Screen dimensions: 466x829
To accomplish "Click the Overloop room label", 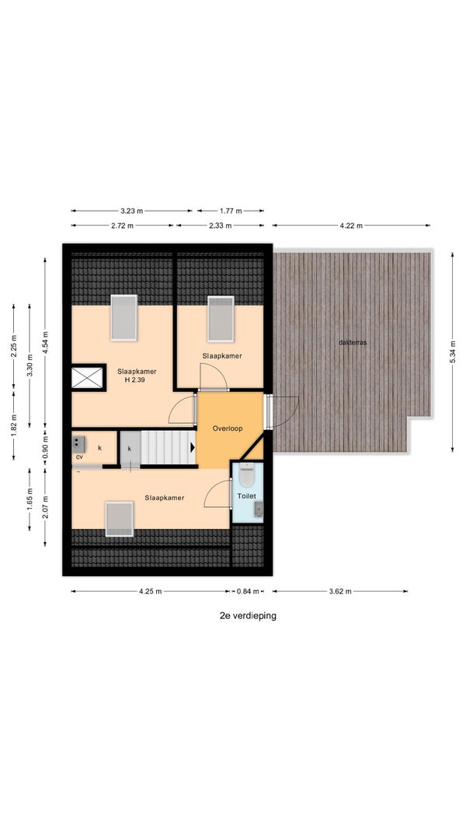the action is point(228,428).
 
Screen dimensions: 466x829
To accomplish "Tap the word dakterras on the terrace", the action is point(353,342).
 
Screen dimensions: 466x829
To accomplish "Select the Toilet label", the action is point(246,496).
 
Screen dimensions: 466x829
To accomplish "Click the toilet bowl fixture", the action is point(246,475).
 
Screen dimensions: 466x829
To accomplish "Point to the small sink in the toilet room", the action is point(258,509).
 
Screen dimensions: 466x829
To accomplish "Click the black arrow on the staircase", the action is point(192,447).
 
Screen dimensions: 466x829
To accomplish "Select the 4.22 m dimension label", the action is point(352,226).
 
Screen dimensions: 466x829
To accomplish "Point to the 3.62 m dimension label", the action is point(340,592).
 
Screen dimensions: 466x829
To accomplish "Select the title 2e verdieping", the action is point(248,616).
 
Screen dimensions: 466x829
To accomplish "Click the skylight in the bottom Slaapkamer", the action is point(120,519).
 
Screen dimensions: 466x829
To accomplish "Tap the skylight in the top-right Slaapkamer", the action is point(221,319).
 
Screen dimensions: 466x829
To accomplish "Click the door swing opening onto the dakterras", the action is point(285,411).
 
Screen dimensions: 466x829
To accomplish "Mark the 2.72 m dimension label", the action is point(123,226).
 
